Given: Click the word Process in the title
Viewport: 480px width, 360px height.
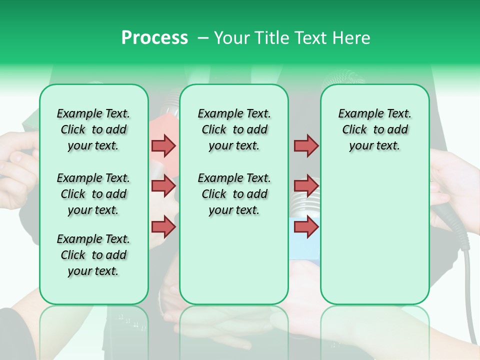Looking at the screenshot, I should (154, 38).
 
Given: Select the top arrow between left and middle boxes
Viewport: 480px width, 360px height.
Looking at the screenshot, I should (163, 145).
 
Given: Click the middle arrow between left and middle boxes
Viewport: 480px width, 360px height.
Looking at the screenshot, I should (163, 186).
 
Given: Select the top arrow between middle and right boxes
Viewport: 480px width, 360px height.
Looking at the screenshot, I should (306, 145).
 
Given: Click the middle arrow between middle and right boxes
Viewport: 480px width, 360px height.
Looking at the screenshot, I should (306, 186).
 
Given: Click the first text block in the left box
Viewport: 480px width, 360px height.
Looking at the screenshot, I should (93, 129).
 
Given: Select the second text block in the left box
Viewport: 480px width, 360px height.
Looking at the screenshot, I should (93, 194).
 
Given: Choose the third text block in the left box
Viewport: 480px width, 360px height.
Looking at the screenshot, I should (93, 255).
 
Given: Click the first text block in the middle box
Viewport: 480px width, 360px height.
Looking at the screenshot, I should (234, 129).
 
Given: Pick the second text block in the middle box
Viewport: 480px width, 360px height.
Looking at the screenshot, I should (234, 194).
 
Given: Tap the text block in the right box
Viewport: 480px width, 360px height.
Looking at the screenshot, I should (374, 129).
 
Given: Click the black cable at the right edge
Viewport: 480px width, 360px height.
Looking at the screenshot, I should (469, 290).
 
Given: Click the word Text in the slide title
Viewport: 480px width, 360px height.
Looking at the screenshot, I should (310, 38).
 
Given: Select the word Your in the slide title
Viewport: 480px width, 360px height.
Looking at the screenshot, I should (231, 38).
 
